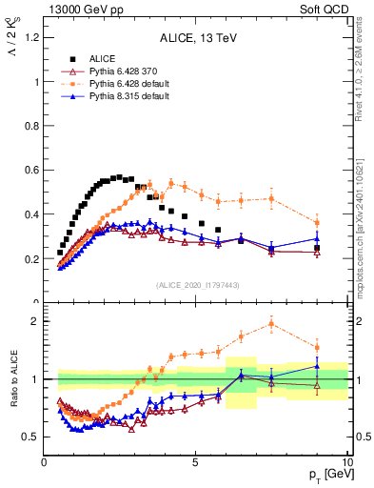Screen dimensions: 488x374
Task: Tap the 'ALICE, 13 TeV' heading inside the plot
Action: point(197,37)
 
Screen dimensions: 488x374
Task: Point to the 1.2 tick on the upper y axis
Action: point(31,37)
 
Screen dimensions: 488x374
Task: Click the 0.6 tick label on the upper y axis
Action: point(31,170)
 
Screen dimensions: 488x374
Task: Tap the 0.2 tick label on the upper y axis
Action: point(31,258)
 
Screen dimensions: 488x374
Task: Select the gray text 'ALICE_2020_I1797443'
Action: point(197,285)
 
